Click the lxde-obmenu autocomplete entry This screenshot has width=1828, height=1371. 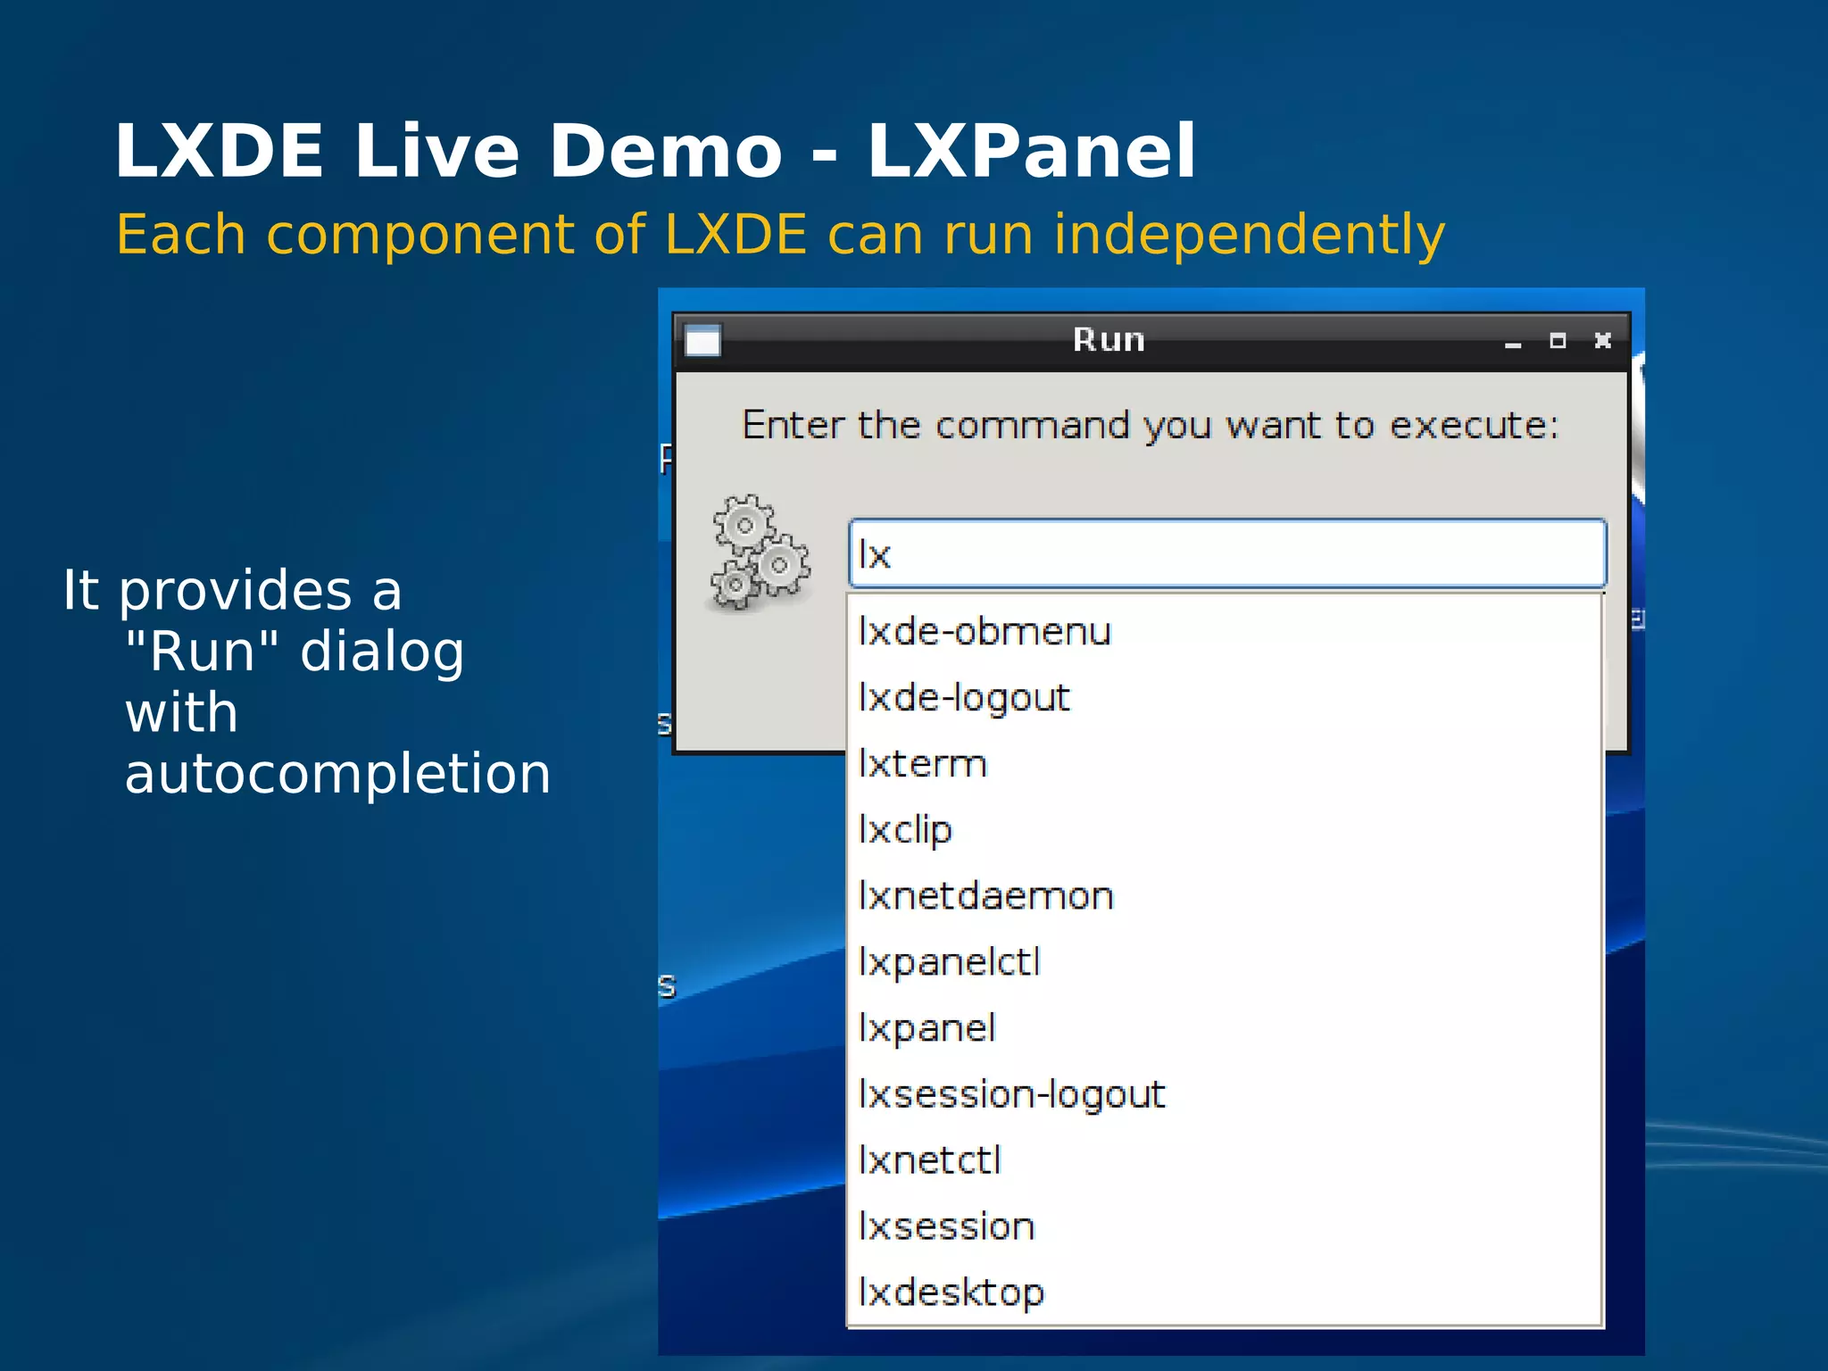point(984,632)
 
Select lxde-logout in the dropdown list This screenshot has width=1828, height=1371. point(964,698)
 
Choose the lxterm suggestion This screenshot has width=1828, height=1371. point(923,764)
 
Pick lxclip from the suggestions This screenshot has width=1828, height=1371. point(905,830)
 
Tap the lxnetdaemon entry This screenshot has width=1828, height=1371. point(985,896)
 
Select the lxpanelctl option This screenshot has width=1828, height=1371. point(949,962)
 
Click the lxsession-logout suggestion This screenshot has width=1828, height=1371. point(1011,1094)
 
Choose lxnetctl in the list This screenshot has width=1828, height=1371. point(929,1160)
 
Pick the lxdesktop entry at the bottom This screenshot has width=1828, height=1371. point(951,1292)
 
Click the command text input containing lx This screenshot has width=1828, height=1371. point(1226,554)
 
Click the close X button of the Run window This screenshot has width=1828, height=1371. point(1603,340)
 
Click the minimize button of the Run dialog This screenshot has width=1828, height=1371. point(1512,343)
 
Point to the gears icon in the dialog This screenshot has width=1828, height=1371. point(760,553)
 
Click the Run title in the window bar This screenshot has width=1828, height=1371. point(1109,340)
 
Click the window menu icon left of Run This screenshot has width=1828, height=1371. point(702,340)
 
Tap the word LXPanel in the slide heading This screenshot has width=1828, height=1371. point(1031,152)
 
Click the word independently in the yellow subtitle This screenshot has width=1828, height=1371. point(1249,236)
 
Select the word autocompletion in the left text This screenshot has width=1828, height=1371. point(337,773)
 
